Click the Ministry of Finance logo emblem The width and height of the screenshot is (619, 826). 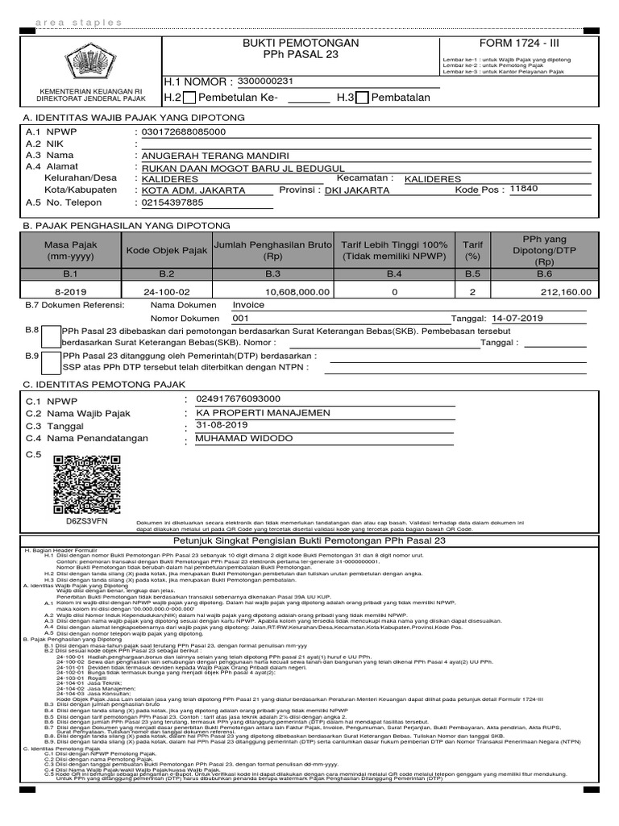(x=89, y=61)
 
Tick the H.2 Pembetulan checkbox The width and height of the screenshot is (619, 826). (x=189, y=98)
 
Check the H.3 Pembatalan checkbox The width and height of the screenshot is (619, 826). (x=362, y=98)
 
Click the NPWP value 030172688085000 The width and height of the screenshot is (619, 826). (x=183, y=131)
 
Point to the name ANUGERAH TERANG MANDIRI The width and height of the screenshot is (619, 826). (x=215, y=155)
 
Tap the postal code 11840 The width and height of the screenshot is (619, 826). (x=524, y=189)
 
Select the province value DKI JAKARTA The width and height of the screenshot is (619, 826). (x=357, y=190)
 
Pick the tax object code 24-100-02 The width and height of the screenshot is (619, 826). (x=167, y=292)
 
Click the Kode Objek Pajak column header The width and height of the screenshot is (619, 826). (x=167, y=251)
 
